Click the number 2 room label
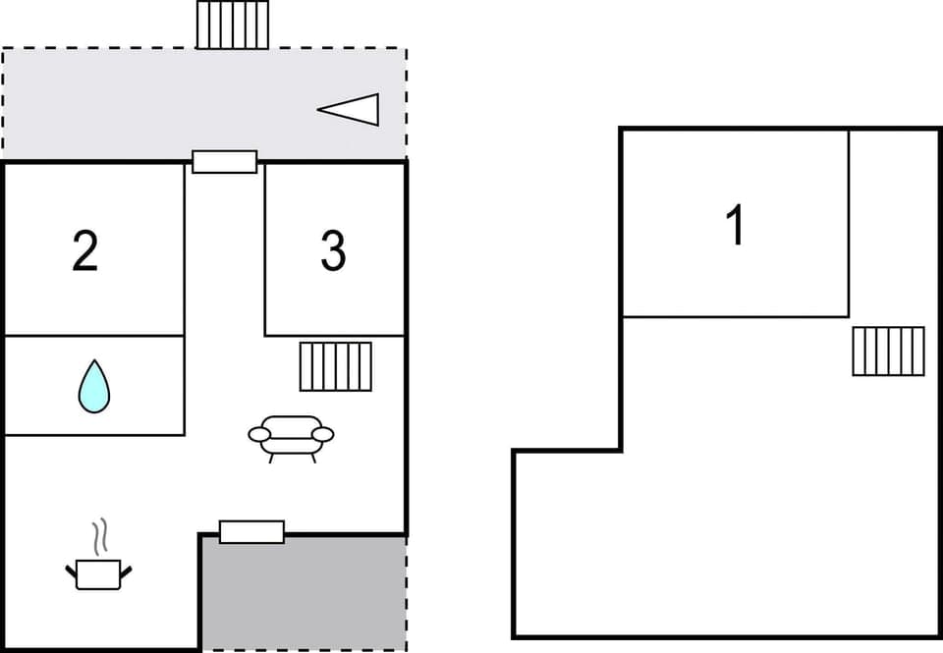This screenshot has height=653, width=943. click(85, 251)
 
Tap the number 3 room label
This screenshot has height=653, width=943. click(333, 251)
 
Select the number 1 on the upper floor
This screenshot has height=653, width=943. click(735, 225)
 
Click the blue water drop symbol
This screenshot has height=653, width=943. click(94, 386)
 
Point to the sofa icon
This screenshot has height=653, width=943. click(291, 434)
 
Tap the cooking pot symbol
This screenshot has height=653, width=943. click(98, 573)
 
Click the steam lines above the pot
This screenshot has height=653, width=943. click(98, 536)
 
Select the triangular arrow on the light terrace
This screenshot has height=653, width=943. click(351, 109)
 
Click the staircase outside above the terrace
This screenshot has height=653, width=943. click(233, 25)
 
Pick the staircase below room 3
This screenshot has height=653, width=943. click(336, 366)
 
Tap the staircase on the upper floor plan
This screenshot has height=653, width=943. click(888, 351)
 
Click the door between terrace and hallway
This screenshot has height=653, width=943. click(224, 161)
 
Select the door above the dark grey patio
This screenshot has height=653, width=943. click(251, 532)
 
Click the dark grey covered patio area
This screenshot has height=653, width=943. click(305, 594)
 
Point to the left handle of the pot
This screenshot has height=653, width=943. click(71, 570)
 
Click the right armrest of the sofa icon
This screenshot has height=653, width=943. click(323, 434)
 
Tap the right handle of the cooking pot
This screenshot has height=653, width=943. click(127, 570)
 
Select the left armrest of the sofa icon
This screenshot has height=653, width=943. click(258, 434)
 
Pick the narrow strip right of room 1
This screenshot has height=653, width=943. click(894, 226)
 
